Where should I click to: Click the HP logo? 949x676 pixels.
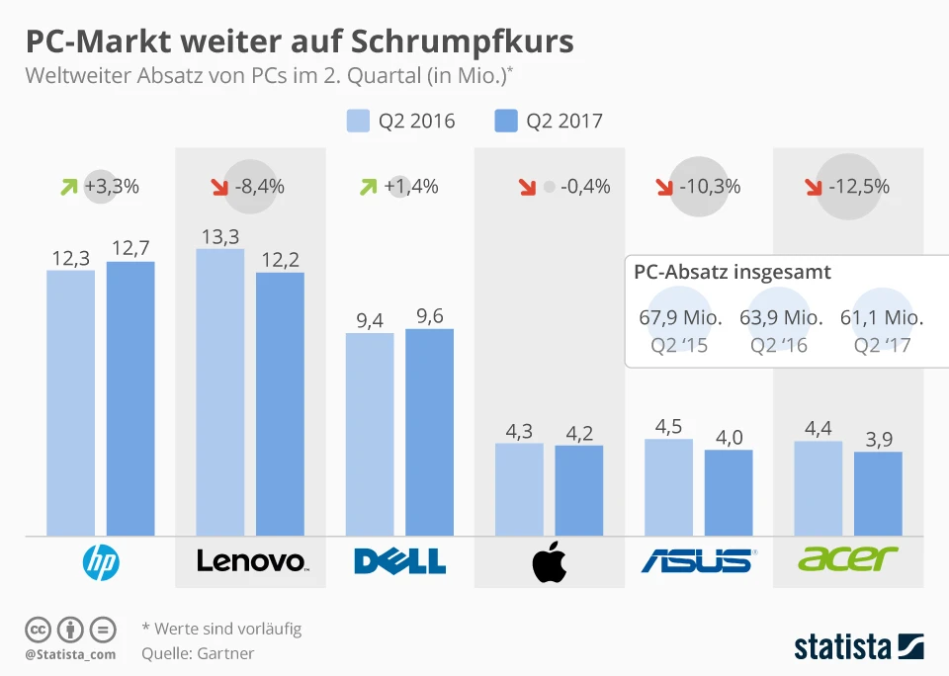coord(100,561)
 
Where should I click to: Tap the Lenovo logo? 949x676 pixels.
coord(252,561)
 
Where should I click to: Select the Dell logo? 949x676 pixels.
coord(399,561)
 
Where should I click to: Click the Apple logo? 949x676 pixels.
coord(550,562)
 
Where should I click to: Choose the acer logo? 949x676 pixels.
coord(847,559)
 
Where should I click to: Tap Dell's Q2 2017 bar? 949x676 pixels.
coord(430,432)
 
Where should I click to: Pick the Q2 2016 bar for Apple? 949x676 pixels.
coord(519,489)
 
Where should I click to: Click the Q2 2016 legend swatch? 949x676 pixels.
coord(357,122)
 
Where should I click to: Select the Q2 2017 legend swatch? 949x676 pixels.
coord(505,122)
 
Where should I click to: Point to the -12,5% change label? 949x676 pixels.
coord(859,186)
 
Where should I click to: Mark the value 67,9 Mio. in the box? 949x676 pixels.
coord(681,318)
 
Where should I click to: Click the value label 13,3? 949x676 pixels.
coord(220,235)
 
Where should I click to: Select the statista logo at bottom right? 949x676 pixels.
coord(858,647)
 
